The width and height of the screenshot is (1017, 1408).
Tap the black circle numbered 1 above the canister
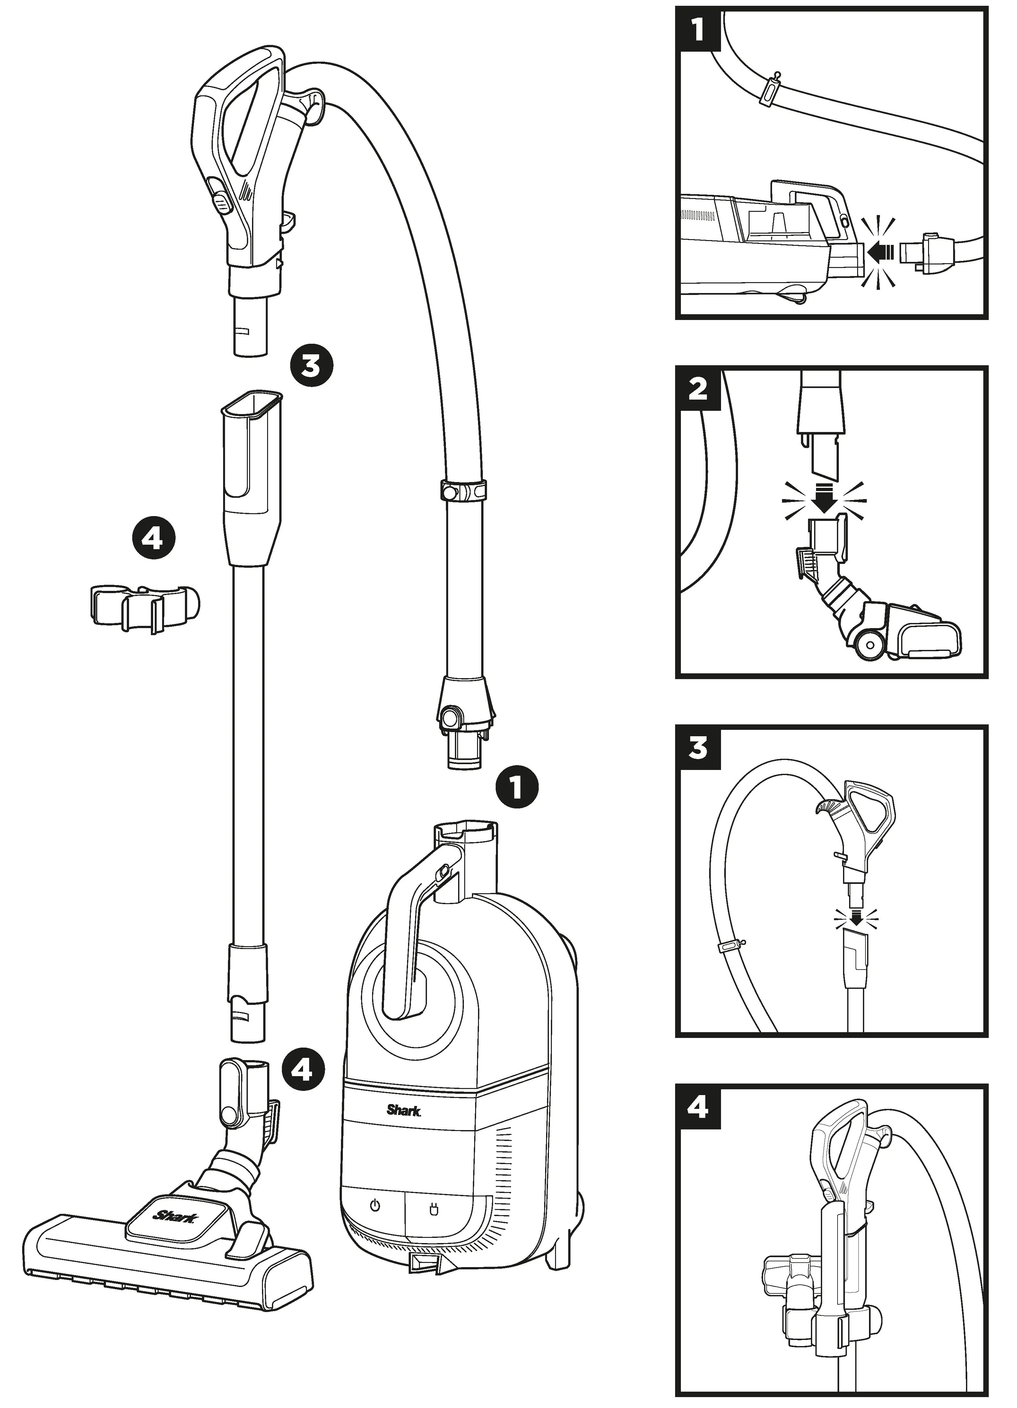click(x=517, y=787)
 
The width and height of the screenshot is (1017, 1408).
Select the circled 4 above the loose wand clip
click(x=153, y=540)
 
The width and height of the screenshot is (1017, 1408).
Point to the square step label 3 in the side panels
click(x=698, y=748)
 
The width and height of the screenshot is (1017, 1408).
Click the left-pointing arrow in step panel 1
click(x=881, y=252)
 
